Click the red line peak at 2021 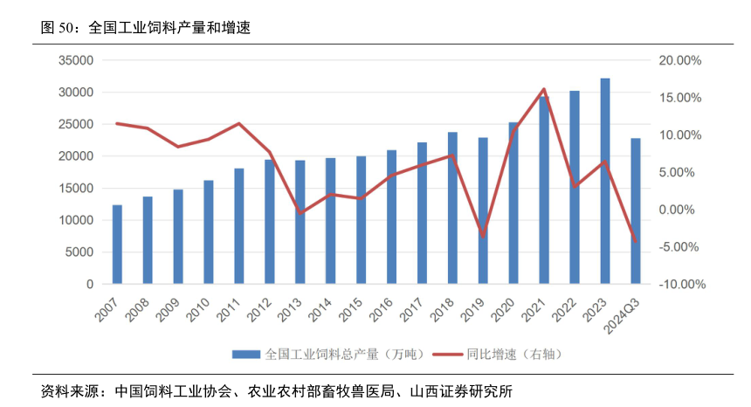[x=544, y=89]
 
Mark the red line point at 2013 [x=300, y=213]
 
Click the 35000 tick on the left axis [x=76, y=60]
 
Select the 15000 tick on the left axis [x=76, y=189]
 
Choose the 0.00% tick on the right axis [x=680, y=210]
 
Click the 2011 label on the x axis [x=229, y=311]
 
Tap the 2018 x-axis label [x=443, y=311]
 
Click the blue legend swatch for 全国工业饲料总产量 [x=245, y=355]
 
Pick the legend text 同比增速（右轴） [x=512, y=355]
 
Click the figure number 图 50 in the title [x=58, y=27]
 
